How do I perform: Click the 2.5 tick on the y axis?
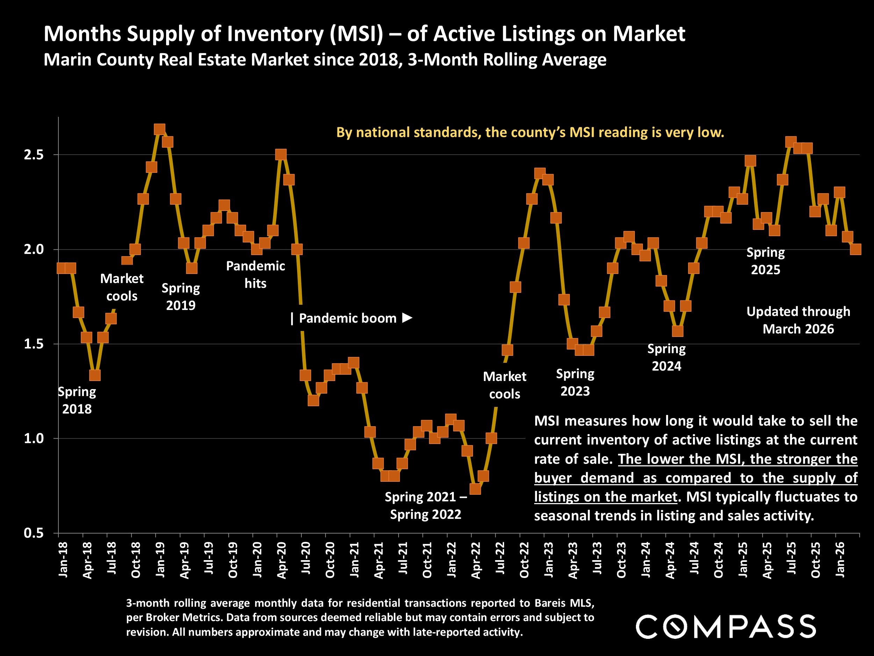point(34,155)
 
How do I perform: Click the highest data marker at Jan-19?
point(159,129)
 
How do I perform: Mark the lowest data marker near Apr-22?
point(475,489)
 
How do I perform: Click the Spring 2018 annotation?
point(77,400)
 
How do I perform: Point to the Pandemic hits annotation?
point(255,274)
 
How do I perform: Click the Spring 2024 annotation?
point(666,358)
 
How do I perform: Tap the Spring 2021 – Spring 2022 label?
point(425,505)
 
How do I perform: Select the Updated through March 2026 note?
point(798,320)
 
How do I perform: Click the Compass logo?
point(725,626)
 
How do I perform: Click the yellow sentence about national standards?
point(530,132)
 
